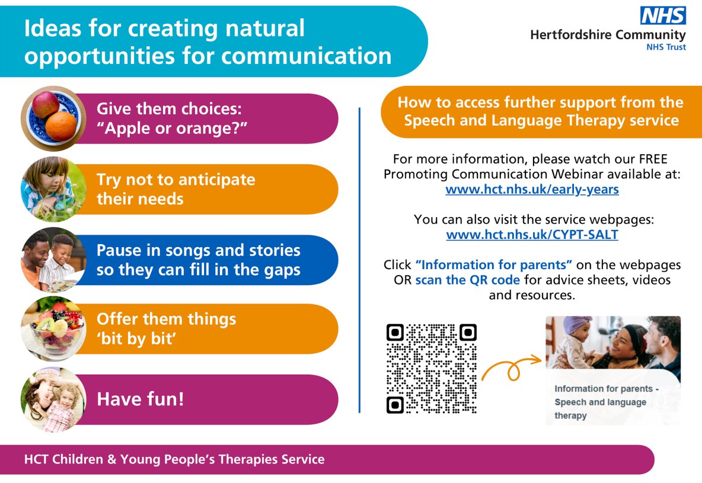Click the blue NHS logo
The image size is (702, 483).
tap(663, 16)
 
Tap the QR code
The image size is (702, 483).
tap(431, 368)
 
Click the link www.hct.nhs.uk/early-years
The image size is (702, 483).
tap(532, 190)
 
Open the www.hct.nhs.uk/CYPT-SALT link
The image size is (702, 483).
tap(532, 235)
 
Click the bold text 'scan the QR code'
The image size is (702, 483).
tap(467, 280)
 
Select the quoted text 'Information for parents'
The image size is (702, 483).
tap(493, 264)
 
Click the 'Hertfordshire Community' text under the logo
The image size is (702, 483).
tap(608, 35)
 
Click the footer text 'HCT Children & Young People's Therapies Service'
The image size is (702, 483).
tap(174, 459)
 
